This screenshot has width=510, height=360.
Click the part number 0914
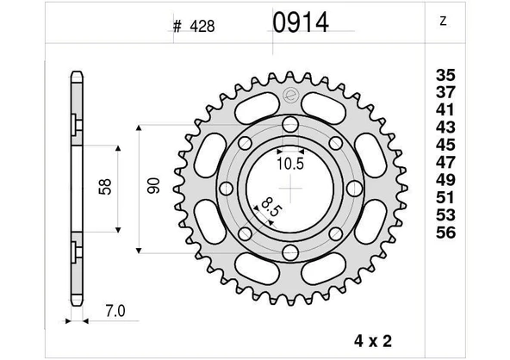click(x=301, y=22)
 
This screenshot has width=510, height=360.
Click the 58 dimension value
click(x=104, y=187)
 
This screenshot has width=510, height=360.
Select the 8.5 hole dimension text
click(x=270, y=207)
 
